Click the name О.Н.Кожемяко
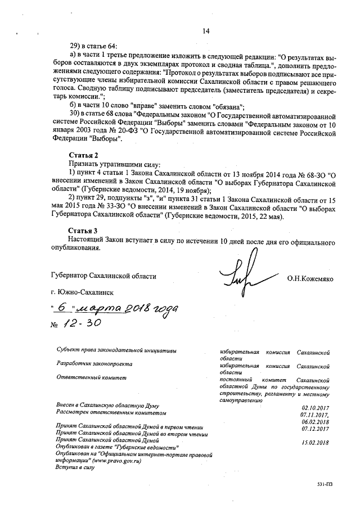click(310, 278)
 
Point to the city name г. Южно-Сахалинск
click(81, 293)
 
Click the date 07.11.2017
click(315, 415)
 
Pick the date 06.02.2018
click(315, 422)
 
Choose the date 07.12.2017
click(315, 429)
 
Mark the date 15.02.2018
click(315, 443)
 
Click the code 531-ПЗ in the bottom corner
click(325, 484)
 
